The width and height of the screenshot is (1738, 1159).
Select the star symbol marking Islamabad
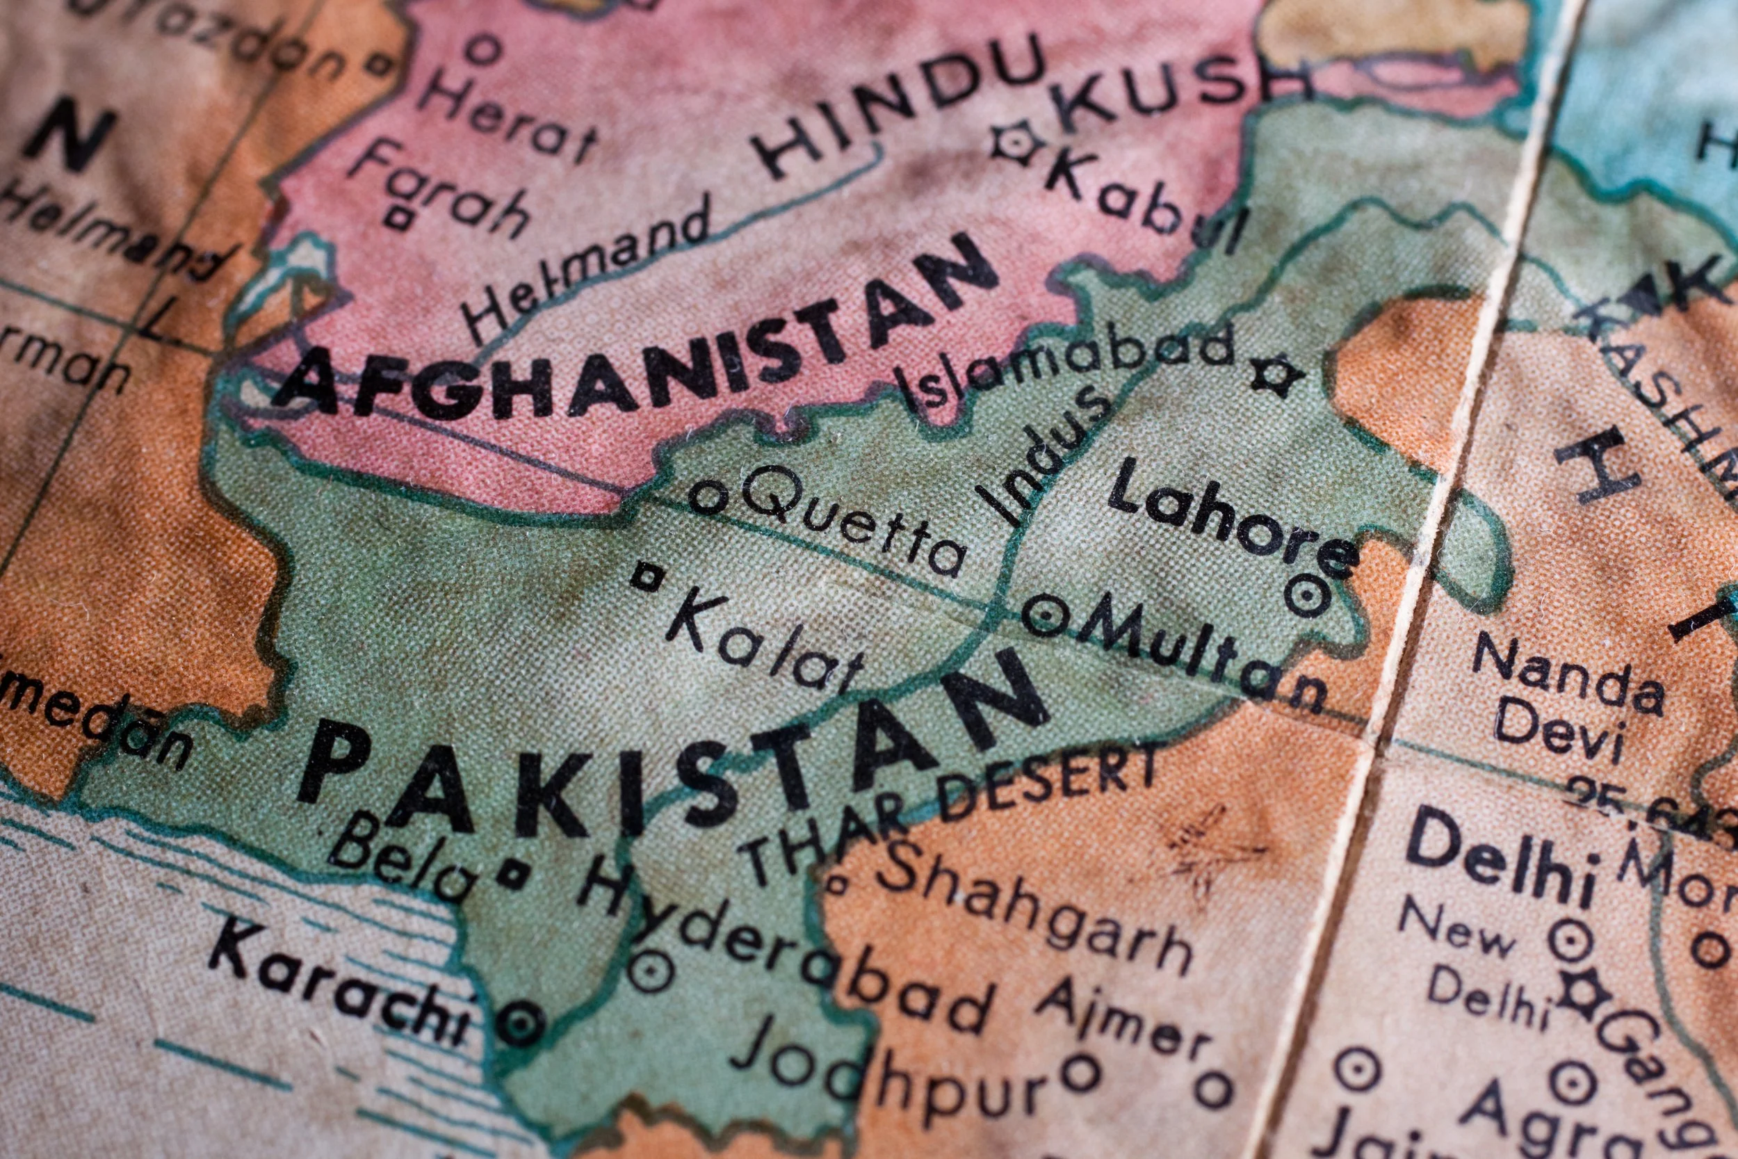click(x=1277, y=375)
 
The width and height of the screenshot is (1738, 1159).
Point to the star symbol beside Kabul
click(x=1017, y=143)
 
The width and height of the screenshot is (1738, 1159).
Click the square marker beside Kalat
click(x=647, y=576)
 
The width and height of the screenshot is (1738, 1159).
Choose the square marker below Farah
click(x=398, y=218)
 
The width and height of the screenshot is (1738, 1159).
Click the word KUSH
click(x=1183, y=89)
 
